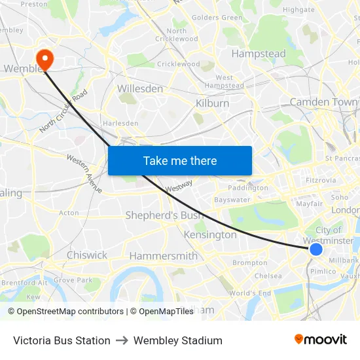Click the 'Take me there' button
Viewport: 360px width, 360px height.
[x=180, y=161]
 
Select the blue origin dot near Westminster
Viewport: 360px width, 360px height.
[x=316, y=249]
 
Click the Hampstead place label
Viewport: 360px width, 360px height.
[x=259, y=54]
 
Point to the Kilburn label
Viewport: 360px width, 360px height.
[x=213, y=103]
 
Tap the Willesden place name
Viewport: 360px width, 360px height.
[x=139, y=88]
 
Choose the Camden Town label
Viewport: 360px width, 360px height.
[x=324, y=102]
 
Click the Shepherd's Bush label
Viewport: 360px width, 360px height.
[x=164, y=215]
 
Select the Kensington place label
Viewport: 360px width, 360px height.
[x=210, y=234]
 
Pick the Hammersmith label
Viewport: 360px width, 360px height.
[x=163, y=256]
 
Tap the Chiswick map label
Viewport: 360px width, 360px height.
[x=86, y=255]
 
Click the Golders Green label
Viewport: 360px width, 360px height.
[x=217, y=18]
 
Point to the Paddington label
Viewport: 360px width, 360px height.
[x=248, y=188]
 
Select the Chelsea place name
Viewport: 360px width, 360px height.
[x=268, y=276]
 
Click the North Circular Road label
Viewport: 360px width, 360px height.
[x=63, y=112]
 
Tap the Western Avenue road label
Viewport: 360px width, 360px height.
[x=85, y=173]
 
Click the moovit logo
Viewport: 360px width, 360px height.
[x=320, y=340]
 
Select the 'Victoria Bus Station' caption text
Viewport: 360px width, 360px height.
[x=62, y=340]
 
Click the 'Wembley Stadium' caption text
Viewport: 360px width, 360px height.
[x=178, y=340]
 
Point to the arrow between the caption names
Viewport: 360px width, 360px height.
[x=122, y=340]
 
